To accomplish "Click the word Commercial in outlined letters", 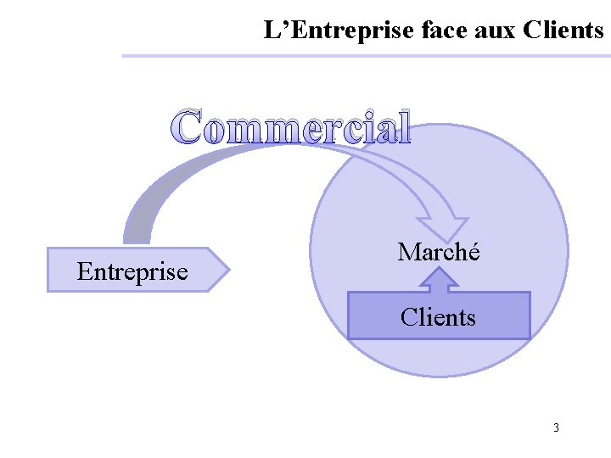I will coord(291,127).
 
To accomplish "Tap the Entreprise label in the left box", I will coord(132,271).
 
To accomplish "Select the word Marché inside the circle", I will coord(439,252).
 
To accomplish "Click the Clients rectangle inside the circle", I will coord(439,316).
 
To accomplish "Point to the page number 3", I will coord(556,427).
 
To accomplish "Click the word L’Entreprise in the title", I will coord(337,31).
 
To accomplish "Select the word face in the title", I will coord(440,31).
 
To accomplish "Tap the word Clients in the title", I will coord(563,31).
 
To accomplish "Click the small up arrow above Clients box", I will coord(439,279).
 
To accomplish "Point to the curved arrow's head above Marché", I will coord(446,226).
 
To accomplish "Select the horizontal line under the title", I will coord(365,56).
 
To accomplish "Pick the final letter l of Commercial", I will coord(404,127).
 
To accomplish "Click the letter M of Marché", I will coord(409,252).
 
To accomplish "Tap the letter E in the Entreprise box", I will coord(83,271).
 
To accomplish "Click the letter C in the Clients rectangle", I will coord(409,317).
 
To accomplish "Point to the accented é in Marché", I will coord(473,252).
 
